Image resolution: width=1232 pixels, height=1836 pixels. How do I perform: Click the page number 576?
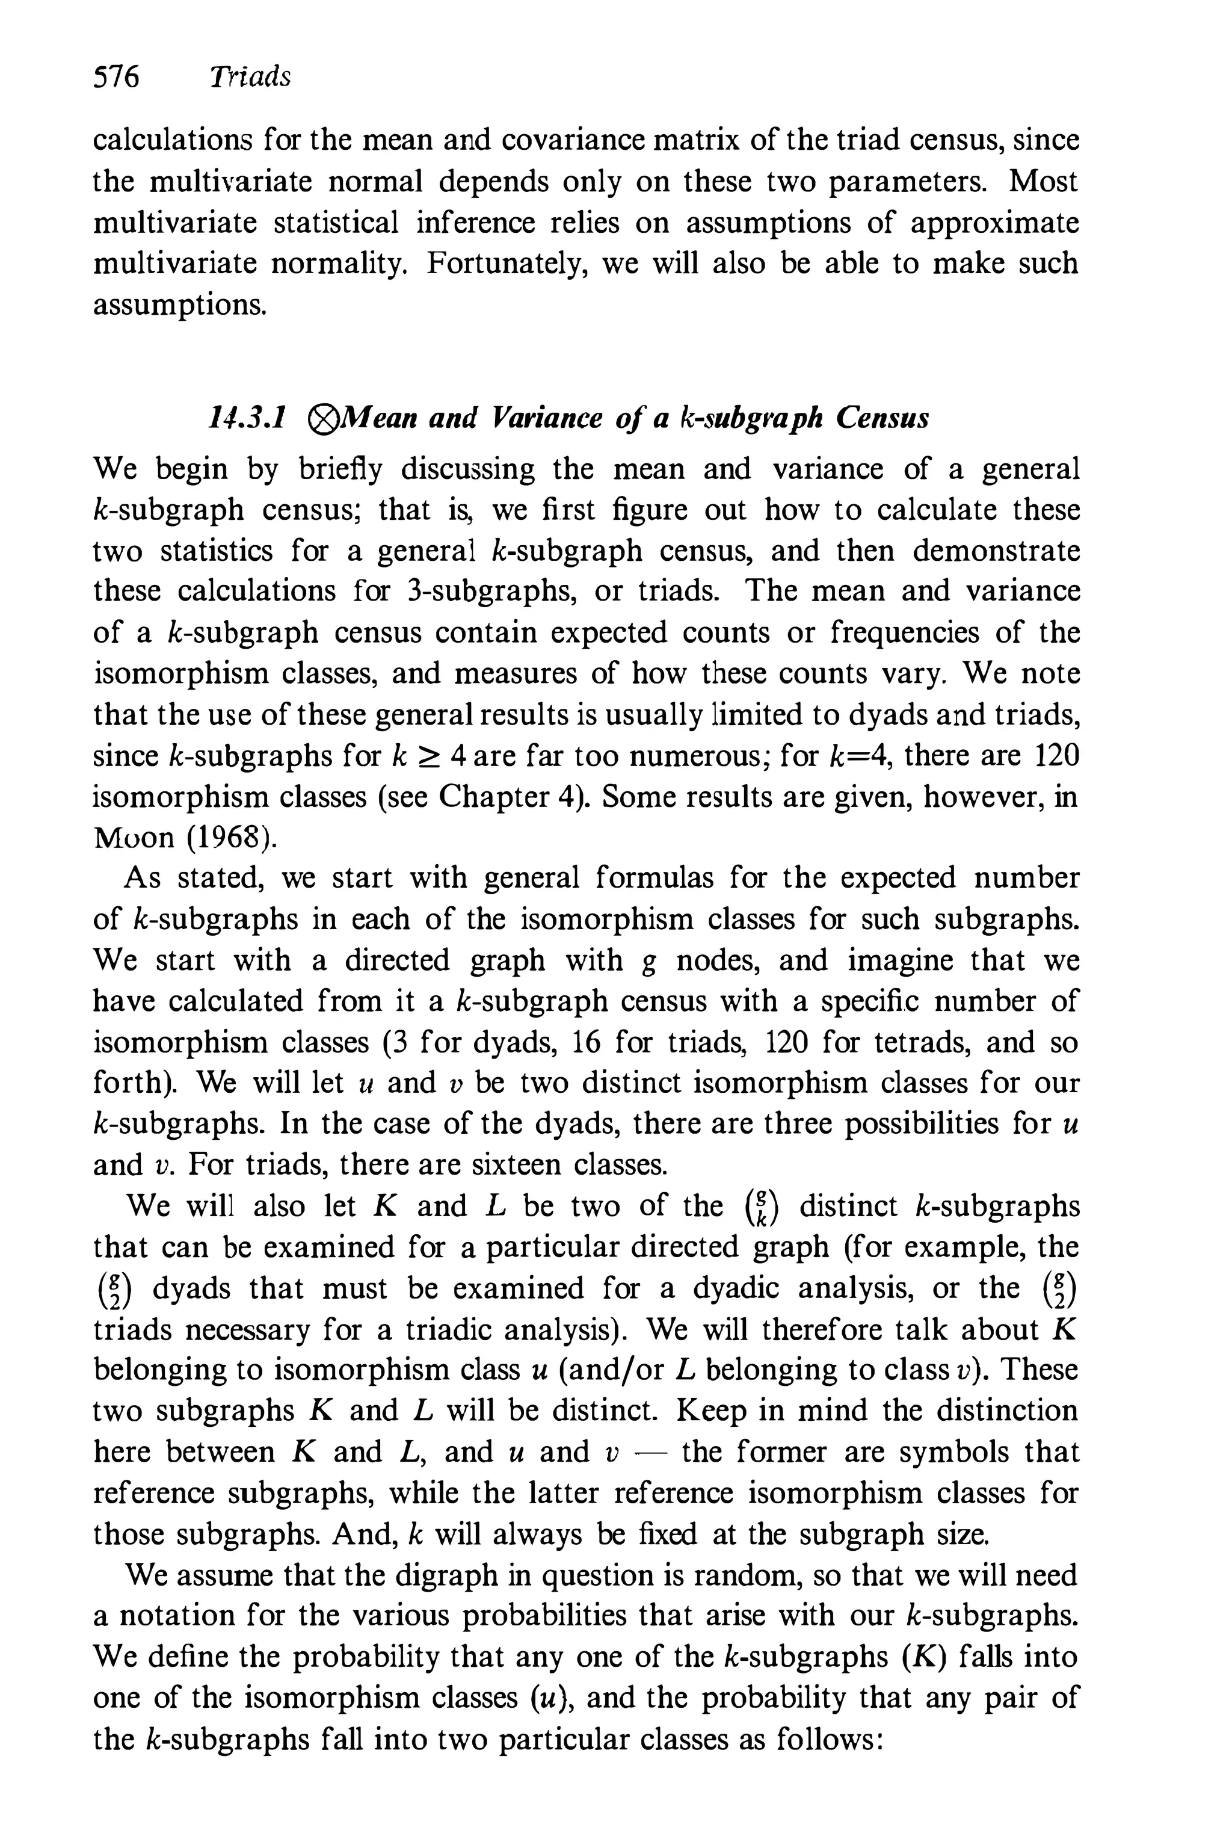115,77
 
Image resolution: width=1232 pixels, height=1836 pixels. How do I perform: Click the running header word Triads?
250,77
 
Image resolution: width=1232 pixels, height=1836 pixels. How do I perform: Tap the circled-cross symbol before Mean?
321,419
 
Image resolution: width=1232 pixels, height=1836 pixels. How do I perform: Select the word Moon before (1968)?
133,839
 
